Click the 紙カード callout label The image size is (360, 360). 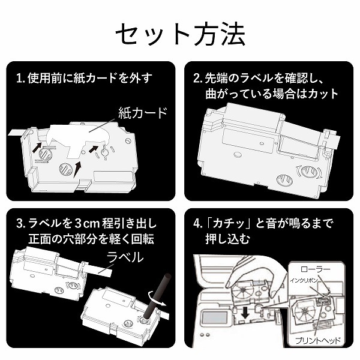coord(143,113)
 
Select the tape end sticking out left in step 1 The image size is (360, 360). coord(16,130)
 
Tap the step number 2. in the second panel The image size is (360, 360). coord(197,79)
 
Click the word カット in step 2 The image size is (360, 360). coord(322,94)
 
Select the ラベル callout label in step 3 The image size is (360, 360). coord(124,257)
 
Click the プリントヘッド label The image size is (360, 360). coord(319,340)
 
